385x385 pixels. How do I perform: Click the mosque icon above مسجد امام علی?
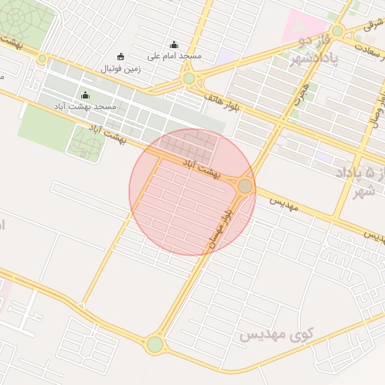pyautogui.click(x=174, y=45)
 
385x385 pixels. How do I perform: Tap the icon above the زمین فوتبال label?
pyautogui.click(x=120, y=56)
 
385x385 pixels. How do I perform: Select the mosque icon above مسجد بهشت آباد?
pyautogui.click(x=84, y=95)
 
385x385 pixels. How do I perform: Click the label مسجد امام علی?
pyautogui.click(x=174, y=56)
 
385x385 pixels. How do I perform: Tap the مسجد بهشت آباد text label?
pyautogui.click(x=84, y=108)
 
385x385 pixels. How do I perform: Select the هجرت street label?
pyautogui.click(x=302, y=90)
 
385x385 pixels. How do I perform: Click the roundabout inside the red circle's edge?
pyautogui.click(x=245, y=186)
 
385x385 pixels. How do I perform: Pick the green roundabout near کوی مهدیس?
pyautogui.click(x=155, y=344)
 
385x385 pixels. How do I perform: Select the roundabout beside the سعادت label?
pyautogui.click(x=338, y=31)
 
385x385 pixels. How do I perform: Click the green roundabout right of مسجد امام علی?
pyautogui.click(x=189, y=78)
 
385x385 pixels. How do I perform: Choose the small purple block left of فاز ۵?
pyautogui.click(x=323, y=156)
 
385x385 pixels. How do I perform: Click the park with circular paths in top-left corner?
pyautogui.click(x=21, y=17)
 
